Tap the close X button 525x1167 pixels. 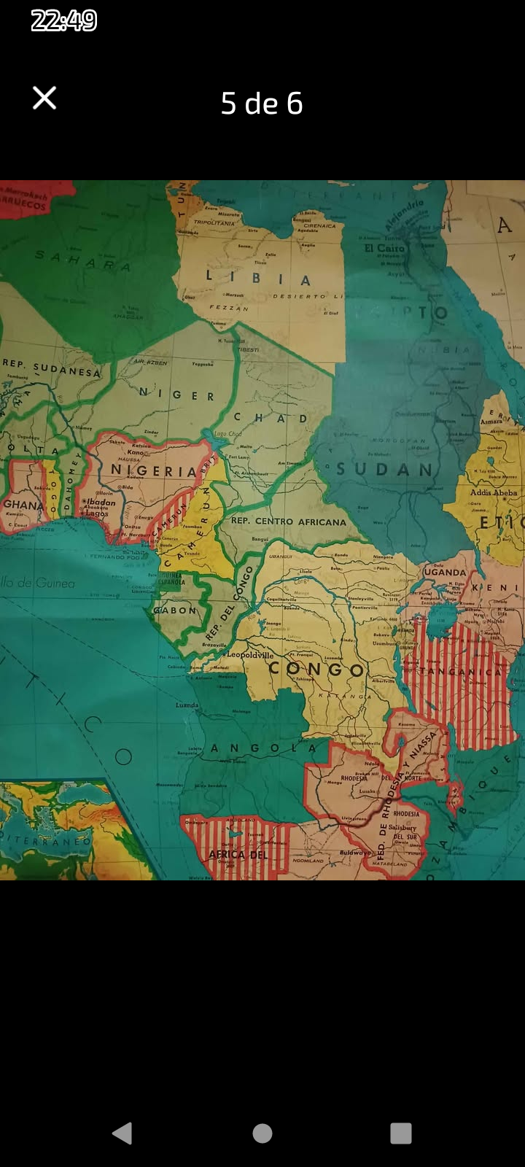coord(44,98)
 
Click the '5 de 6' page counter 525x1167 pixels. coord(262,104)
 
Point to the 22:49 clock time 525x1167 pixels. coord(64,20)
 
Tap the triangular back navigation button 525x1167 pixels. coord(122,1133)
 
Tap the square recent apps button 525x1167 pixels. coord(401,1133)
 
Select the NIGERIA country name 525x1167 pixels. coord(154,471)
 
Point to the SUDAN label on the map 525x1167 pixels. coord(384,469)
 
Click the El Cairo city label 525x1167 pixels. coord(384,248)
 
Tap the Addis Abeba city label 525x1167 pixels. coord(493,492)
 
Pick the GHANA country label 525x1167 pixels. coord(23,505)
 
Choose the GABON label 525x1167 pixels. coord(175,610)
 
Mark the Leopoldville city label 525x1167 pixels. coord(250,654)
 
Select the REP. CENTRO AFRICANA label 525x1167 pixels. coord(289,522)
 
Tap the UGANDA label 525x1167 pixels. coord(444,572)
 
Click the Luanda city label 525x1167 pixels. coord(187,705)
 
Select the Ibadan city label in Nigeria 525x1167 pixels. coord(101,502)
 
